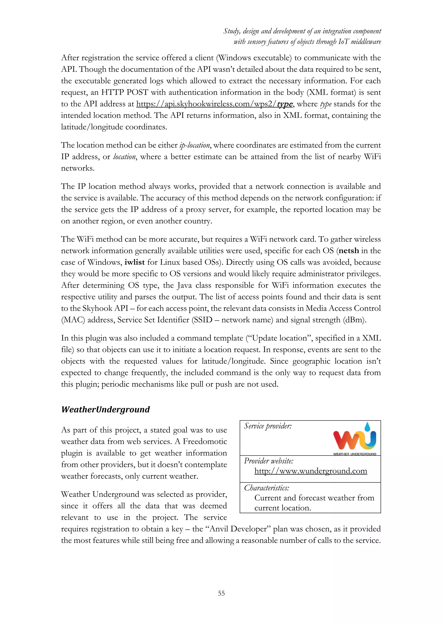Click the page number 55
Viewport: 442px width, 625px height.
coord(221,593)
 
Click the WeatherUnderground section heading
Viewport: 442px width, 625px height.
coord(105,409)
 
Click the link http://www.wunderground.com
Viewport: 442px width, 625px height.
coord(311,471)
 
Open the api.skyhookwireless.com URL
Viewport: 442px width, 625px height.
coord(214,104)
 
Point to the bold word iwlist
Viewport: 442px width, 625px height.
coord(134,262)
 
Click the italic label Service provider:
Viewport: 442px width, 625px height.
coord(268,426)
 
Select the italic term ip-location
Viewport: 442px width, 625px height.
coord(195,145)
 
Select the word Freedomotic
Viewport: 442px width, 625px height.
coord(205,441)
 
